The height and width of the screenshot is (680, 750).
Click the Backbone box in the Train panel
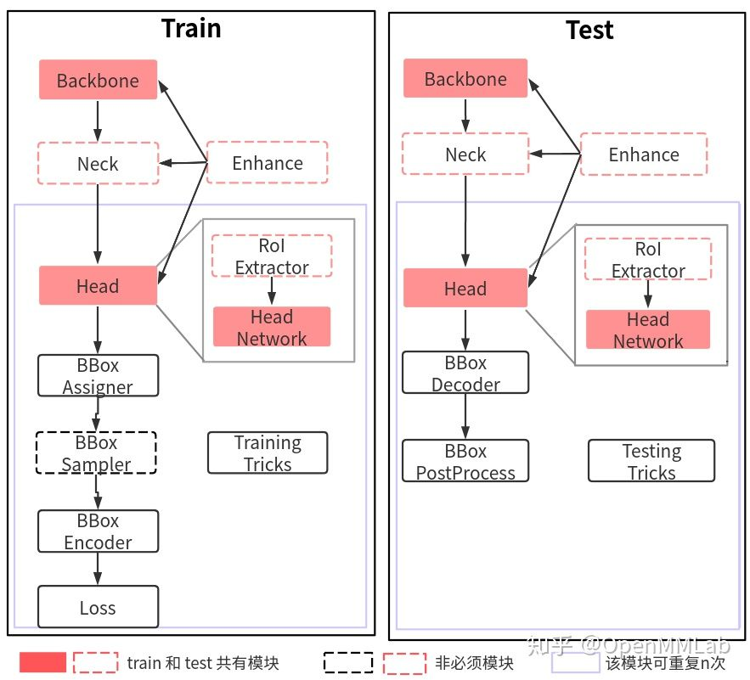(98, 81)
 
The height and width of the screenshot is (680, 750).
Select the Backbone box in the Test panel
(465, 79)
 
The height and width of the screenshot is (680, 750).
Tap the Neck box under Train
(98, 163)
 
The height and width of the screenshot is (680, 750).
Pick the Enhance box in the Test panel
(643, 155)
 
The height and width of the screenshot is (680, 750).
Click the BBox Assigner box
(98, 375)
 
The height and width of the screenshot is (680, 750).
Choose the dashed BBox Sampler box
(96, 452)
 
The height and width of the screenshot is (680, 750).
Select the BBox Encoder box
(98, 531)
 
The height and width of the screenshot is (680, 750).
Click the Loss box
(98, 607)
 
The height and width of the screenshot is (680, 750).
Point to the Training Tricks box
(268, 452)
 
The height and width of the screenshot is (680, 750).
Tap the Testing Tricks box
(651, 460)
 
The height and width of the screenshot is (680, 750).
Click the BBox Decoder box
(465, 373)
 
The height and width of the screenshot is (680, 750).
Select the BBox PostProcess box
(465, 461)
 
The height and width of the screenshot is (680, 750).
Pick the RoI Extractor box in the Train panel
(271, 256)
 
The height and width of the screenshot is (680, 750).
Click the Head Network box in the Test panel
(647, 329)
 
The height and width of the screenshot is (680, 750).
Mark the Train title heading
(191, 29)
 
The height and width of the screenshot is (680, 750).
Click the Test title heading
(589, 31)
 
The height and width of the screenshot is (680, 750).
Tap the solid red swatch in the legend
(42, 663)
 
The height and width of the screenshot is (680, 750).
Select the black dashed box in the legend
(348, 663)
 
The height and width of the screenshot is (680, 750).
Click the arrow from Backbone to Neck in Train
(98, 121)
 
